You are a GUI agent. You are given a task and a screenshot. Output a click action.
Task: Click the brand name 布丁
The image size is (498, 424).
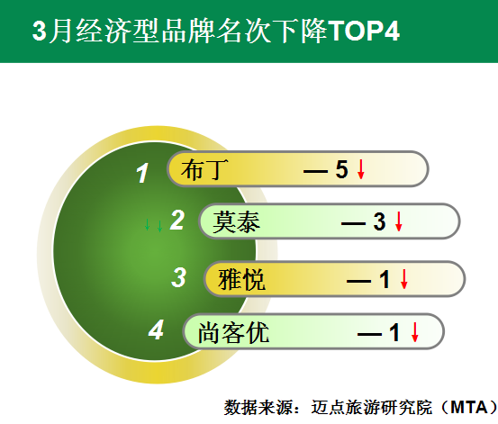[204, 169]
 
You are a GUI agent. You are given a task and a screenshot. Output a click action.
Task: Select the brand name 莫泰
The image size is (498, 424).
[236, 221]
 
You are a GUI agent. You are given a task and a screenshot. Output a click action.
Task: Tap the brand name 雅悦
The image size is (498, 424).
[241, 279]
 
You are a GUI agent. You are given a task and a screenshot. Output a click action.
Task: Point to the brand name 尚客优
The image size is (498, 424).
[234, 332]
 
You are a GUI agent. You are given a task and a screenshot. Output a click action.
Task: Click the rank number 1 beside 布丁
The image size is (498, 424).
[142, 173]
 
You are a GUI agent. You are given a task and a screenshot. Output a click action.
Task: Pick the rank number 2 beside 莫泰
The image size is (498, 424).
[177, 220]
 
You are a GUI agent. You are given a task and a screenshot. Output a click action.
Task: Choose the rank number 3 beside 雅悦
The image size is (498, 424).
[178, 277]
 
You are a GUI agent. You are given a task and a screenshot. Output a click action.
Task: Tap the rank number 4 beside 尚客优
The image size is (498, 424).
[157, 330]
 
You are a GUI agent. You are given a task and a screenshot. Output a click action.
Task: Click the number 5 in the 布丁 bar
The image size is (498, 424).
[341, 169]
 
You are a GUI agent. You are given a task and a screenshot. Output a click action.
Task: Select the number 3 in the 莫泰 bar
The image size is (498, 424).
[379, 221]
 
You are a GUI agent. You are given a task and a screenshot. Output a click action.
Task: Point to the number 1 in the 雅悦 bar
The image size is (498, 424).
[385, 279]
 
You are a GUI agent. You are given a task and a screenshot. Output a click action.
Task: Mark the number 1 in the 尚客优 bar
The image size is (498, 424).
[394, 332]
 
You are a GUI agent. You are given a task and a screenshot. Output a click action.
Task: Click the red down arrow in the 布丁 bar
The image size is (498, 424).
[361, 169]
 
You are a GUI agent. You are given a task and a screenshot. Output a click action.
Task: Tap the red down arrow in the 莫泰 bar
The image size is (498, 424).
[399, 221]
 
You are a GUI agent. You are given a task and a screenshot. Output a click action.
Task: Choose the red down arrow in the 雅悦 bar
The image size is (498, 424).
[404, 279]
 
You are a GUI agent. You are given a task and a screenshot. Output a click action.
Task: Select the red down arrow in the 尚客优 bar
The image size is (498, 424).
[414, 332]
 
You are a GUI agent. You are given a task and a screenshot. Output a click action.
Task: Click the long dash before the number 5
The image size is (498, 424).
[315, 172]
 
